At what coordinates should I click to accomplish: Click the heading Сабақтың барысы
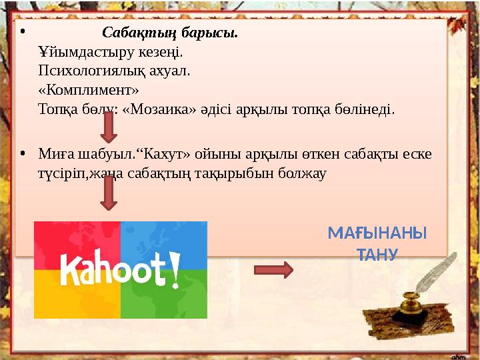[x=170, y=33]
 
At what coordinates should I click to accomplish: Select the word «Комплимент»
[x=89, y=90]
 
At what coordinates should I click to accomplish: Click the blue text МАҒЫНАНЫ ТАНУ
[x=377, y=243]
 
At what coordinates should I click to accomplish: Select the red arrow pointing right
[x=274, y=270]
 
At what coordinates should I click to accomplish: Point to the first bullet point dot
[x=22, y=33]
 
